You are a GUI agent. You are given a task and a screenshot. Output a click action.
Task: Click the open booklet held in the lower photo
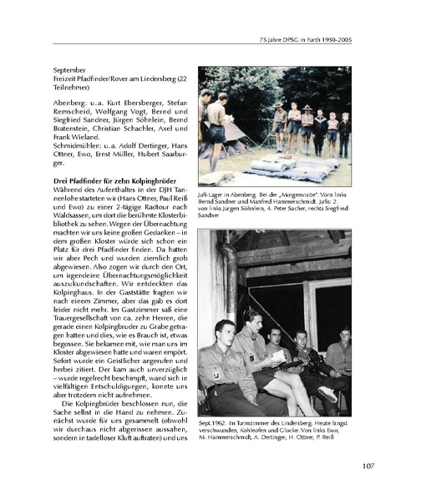point(266,356)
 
